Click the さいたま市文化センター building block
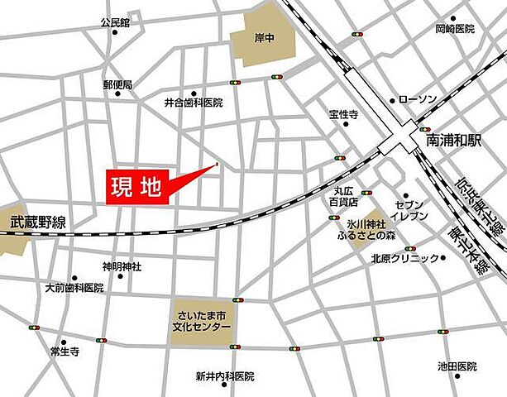point(204,318)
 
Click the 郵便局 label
point(117,84)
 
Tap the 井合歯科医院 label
point(194,103)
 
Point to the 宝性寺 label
point(342,115)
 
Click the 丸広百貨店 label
point(340,196)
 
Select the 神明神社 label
point(122,266)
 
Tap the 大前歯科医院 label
point(74,288)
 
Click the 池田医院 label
point(457,366)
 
